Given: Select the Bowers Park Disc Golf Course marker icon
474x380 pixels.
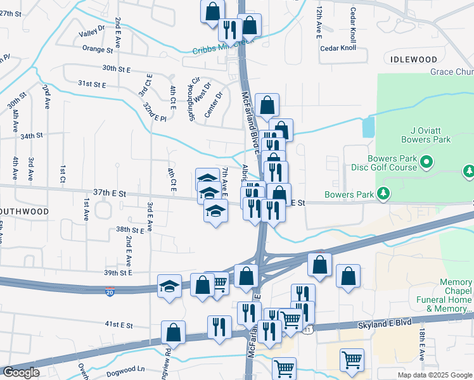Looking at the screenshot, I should tap(427, 163).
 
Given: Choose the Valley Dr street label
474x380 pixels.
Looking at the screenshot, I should tap(92, 32).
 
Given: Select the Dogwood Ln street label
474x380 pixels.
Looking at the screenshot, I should tap(127, 369).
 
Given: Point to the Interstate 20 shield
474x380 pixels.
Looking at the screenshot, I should tap(110, 292).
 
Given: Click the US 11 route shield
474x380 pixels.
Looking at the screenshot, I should tap(309, 330).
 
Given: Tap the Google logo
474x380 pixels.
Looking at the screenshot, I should tap(21, 372).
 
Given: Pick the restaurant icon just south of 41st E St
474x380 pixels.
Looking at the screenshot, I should tap(219, 326).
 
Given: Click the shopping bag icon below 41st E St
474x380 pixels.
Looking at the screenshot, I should tap(173, 332).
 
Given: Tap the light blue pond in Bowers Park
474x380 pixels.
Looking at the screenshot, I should tap(368, 127).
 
